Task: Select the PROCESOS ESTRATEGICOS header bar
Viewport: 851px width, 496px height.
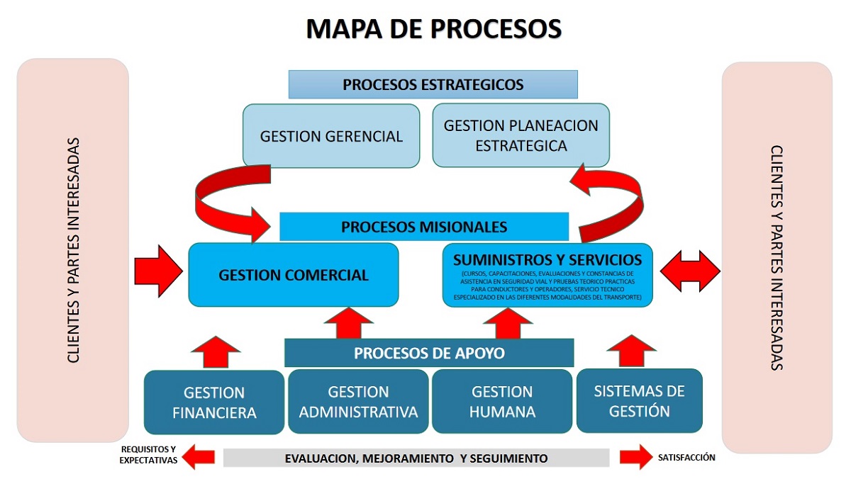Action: pos(433,84)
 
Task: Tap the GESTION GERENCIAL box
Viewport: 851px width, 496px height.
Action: pos(331,136)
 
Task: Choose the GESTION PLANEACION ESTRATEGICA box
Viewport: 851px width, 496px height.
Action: pos(521,135)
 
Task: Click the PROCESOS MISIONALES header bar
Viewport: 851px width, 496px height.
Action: pos(424,227)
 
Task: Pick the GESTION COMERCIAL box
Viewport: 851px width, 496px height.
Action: pos(293,275)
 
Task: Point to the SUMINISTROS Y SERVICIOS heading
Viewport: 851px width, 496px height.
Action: pos(547,259)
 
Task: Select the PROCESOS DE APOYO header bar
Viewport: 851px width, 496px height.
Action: pos(429,353)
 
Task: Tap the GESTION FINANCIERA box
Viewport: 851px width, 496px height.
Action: pos(214,402)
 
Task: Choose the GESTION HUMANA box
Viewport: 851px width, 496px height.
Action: pos(502,401)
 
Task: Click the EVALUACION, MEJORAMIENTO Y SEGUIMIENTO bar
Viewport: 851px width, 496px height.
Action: pos(416,458)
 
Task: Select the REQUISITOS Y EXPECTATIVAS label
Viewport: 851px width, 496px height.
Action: pos(148,454)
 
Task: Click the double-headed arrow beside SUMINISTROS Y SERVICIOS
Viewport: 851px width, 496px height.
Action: pos(690,270)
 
